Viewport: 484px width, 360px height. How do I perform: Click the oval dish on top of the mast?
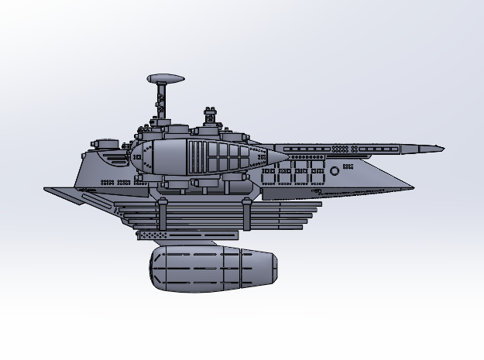coord(166,78)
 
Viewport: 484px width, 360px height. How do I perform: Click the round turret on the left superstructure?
coord(104,144)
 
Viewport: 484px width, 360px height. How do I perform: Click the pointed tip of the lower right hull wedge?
coord(413,187)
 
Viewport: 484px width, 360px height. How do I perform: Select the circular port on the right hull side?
coord(335,171)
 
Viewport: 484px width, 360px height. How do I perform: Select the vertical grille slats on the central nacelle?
coord(199,156)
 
